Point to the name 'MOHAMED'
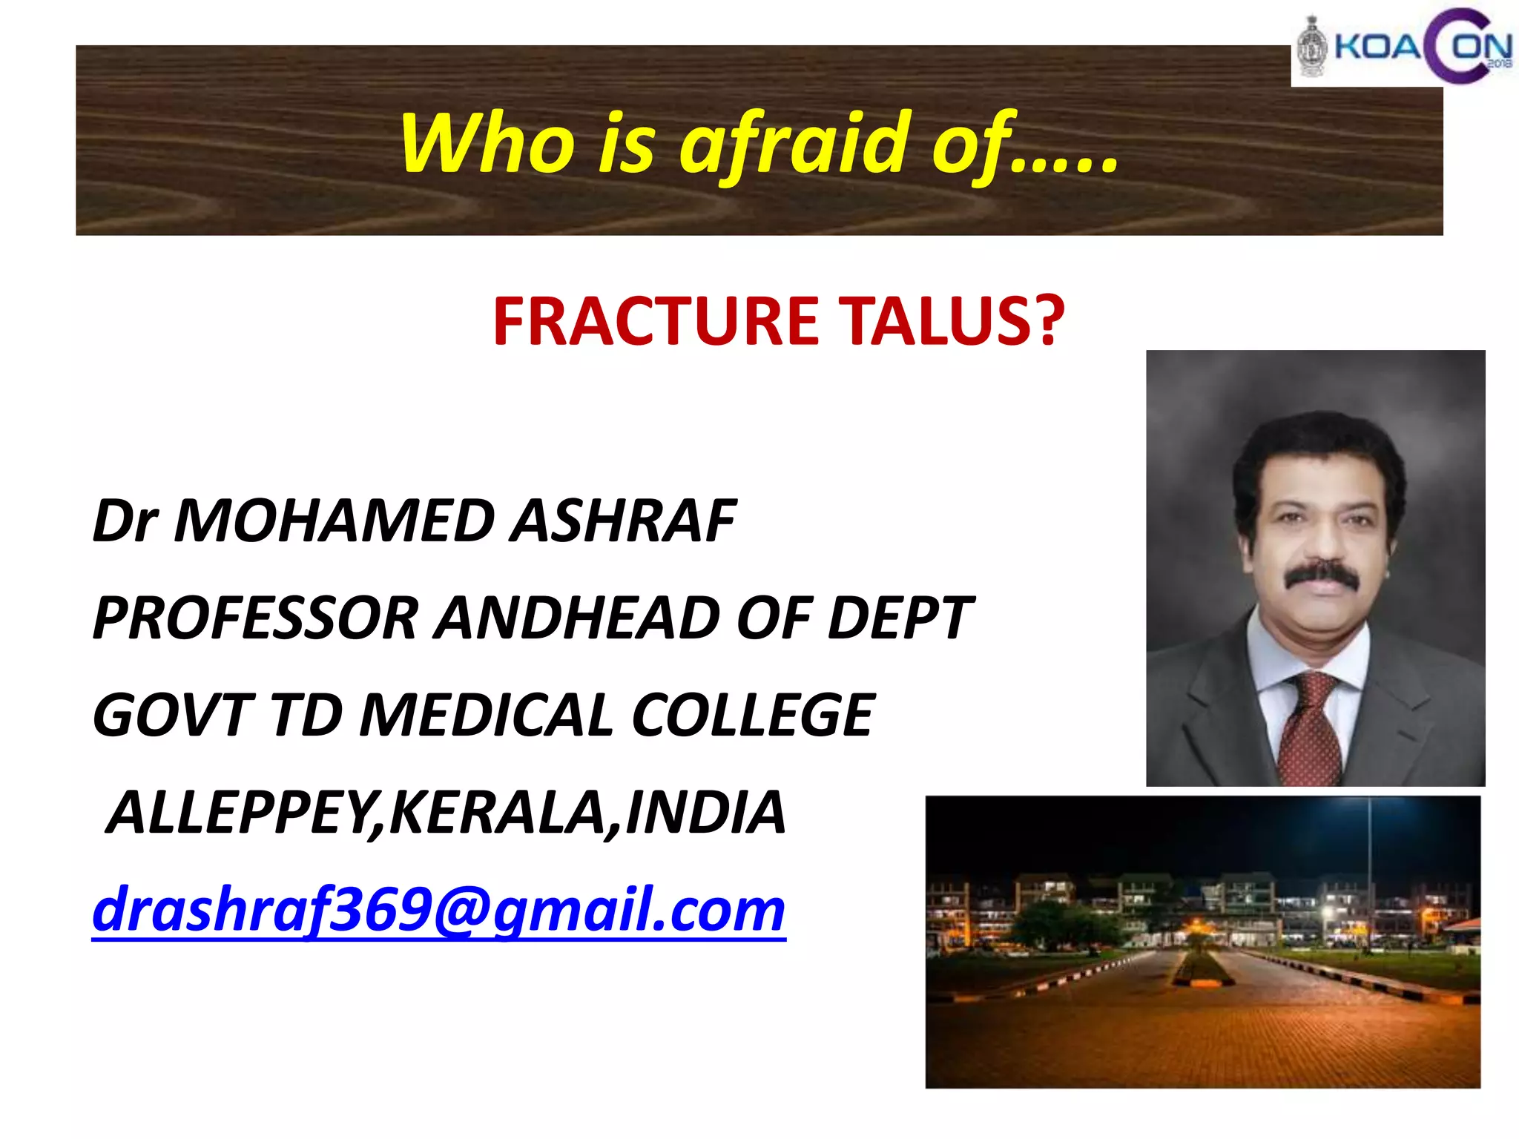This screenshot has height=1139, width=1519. [x=334, y=521]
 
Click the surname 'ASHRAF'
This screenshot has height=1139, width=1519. [x=623, y=521]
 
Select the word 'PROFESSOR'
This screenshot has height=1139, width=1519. [x=256, y=618]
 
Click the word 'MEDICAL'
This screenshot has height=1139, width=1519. [x=486, y=716]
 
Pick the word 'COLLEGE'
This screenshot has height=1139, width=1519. [x=754, y=716]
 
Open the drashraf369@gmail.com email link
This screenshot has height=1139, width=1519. [x=438, y=911]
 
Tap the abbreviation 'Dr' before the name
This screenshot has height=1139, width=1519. [x=124, y=521]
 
